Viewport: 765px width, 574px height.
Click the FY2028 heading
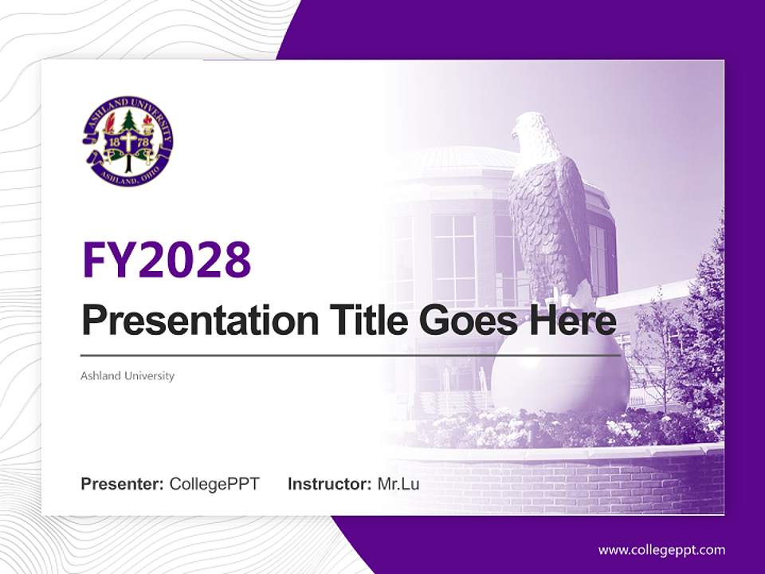(167, 258)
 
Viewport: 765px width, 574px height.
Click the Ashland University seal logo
(127, 143)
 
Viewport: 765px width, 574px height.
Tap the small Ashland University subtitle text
(127, 375)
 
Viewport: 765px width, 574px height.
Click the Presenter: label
(123, 484)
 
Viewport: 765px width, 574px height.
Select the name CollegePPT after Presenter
(214, 484)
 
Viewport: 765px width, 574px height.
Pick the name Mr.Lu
(398, 484)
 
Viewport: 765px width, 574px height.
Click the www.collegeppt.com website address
(661, 550)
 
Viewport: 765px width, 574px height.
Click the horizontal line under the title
(351, 355)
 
